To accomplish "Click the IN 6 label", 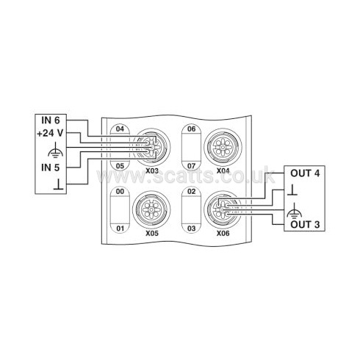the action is [51, 120].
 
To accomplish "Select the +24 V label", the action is [50, 133].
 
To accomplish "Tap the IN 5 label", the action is [51, 168].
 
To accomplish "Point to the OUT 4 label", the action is [305, 173].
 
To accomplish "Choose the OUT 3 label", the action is [305, 224].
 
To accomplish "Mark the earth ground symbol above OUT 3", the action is [294, 211].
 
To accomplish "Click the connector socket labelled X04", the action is [223, 147].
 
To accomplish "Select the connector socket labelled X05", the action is [151, 210].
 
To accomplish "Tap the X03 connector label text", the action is [152, 170].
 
